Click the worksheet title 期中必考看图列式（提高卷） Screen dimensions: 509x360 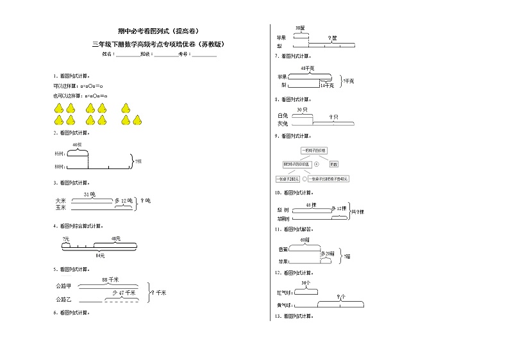pos(158,31)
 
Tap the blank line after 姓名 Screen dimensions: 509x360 pos(127,55)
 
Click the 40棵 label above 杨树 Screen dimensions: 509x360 pos(77,145)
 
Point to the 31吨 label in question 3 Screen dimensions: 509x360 pos(90,194)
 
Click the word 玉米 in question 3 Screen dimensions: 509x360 pos(61,208)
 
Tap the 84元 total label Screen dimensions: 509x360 pos(99,256)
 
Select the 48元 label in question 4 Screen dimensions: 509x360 pos(116,239)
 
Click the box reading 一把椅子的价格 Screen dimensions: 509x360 pos(313,150)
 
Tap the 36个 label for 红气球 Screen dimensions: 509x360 pos(306,282)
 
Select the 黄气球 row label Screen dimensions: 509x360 pos(285,305)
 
